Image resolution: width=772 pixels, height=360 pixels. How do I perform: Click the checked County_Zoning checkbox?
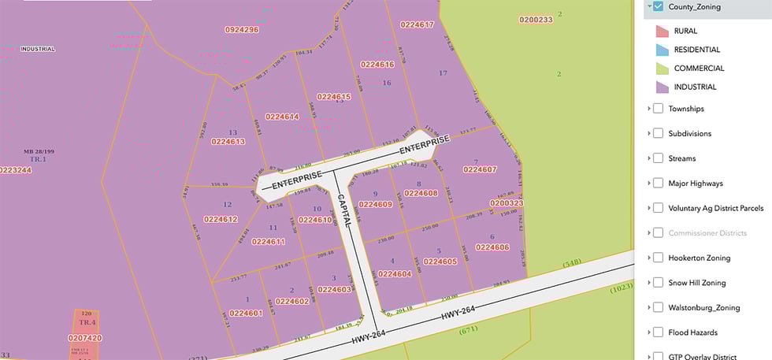658,7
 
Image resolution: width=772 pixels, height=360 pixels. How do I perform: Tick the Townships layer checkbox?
658,109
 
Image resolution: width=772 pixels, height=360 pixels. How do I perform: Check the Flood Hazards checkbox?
658,332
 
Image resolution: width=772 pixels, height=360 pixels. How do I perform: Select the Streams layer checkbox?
658,158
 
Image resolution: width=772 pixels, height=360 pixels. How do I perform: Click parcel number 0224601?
246,313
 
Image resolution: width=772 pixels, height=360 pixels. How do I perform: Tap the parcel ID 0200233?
536,19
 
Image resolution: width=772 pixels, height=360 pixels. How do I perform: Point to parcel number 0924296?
242,29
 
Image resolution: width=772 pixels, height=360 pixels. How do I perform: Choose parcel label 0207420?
85,337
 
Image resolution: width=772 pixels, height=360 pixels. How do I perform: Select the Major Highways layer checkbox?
658,184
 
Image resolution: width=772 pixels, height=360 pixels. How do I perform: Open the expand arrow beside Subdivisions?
648,134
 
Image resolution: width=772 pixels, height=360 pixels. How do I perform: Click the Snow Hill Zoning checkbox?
658,283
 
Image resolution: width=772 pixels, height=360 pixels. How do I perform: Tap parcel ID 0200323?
507,202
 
